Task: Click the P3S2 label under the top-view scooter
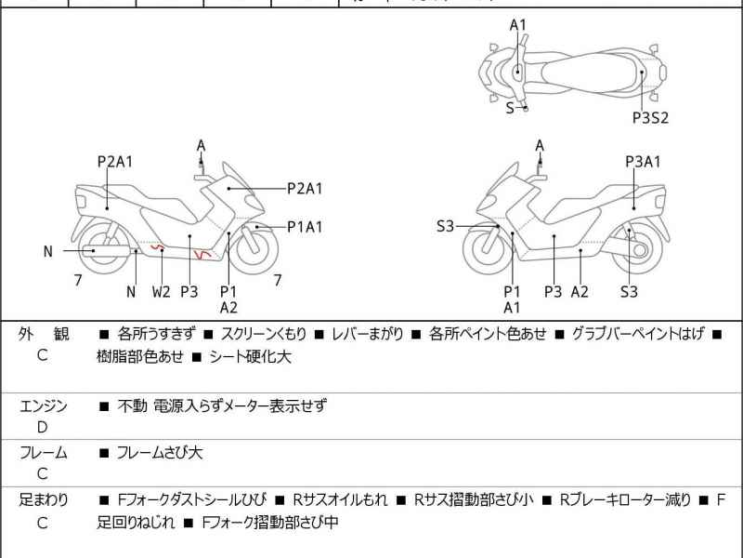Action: pos(650,117)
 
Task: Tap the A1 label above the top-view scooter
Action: pos(518,25)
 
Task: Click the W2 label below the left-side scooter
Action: pos(162,291)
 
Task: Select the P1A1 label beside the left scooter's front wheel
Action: pos(305,226)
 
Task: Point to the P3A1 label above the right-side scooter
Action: pos(643,161)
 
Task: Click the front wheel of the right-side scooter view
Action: pos(488,249)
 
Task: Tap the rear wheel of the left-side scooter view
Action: pos(94,249)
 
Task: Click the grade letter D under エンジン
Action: pos(43,427)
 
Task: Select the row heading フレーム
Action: pos(43,453)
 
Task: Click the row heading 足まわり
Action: pos(43,500)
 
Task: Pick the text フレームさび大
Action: pos(159,453)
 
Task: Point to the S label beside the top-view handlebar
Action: pos(509,108)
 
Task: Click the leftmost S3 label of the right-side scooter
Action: pos(446,226)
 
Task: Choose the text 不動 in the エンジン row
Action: pos(132,406)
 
